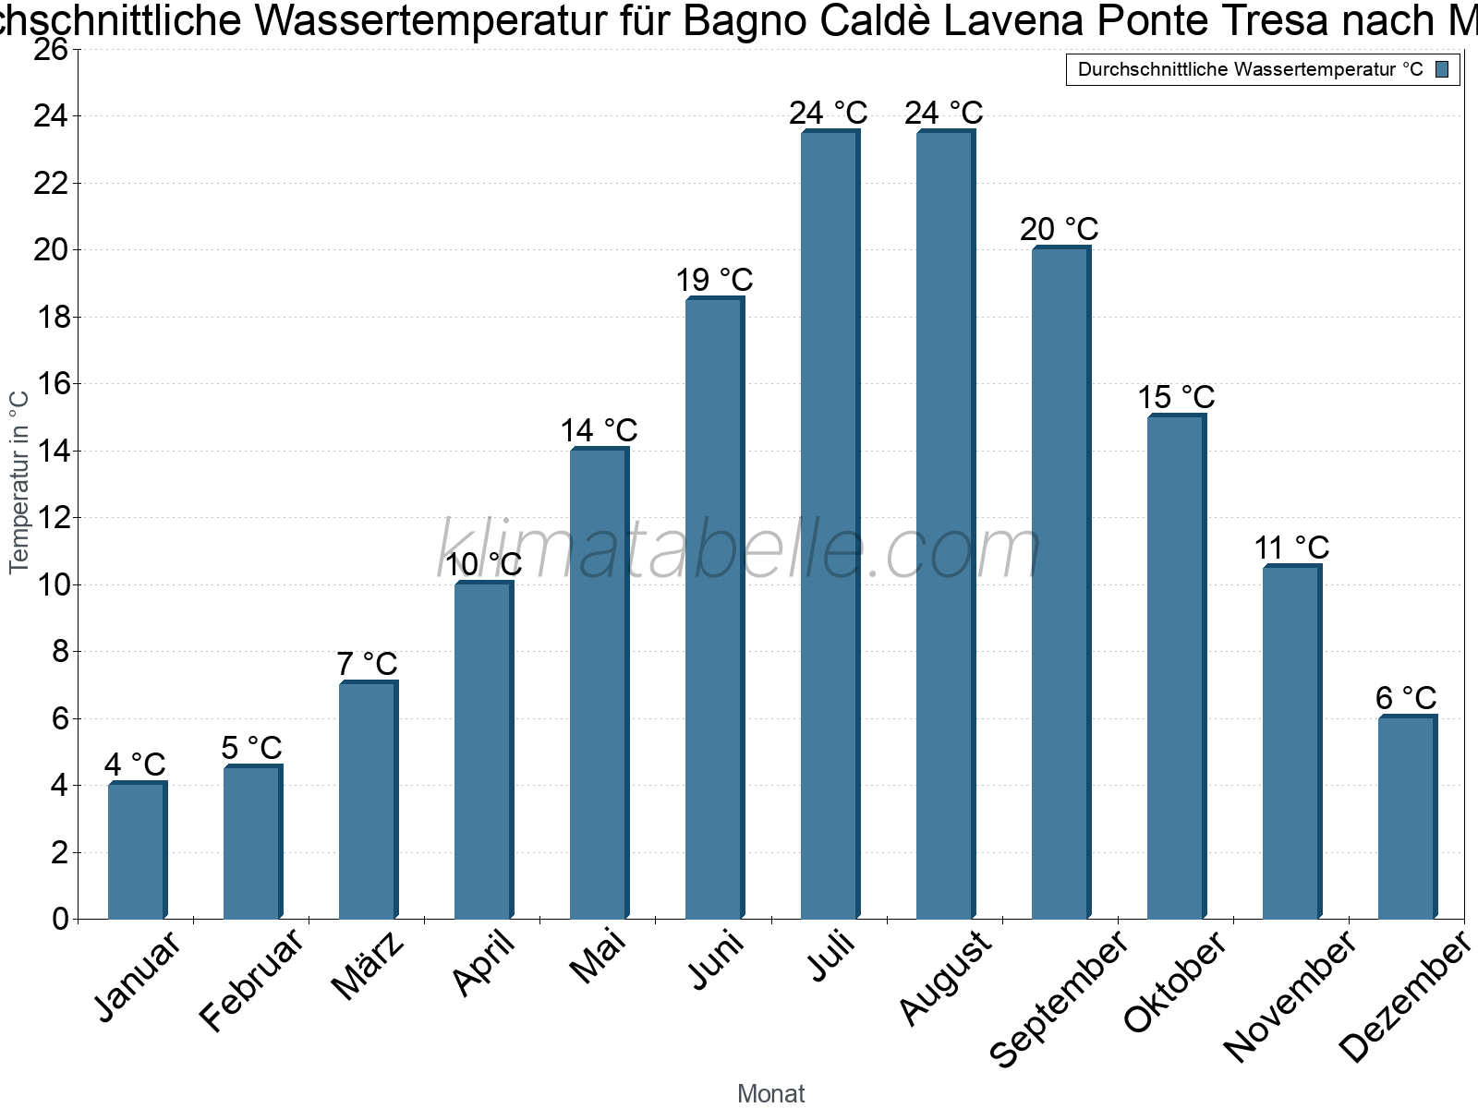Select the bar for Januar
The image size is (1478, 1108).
[x=137, y=850]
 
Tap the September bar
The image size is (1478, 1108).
[x=1060, y=583]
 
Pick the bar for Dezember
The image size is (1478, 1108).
[x=1407, y=817]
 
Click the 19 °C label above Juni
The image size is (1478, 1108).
[x=714, y=280]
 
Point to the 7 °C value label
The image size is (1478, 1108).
[x=367, y=664]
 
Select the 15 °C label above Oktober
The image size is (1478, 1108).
[x=1176, y=398]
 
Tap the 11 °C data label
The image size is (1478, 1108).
[x=1291, y=548]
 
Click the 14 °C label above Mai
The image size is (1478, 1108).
[x=599, y=431]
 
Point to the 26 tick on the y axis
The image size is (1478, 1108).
[x=51, y=50]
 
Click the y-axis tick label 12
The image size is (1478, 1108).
[x=51, y=518]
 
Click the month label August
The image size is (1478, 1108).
[x=945, y=978]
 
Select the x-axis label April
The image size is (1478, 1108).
[x=483, y=964]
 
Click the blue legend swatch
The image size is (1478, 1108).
[x=1443, y=69]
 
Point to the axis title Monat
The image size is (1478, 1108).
[x=771, y=1094]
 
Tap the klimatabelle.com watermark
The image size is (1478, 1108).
[x=739, y=550]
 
